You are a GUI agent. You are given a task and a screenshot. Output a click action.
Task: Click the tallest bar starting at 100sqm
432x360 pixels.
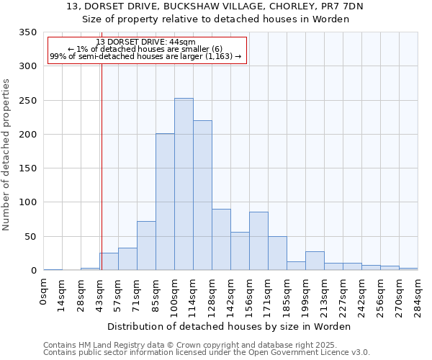coord(184,184)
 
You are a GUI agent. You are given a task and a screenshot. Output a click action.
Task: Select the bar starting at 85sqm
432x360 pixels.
coord(165,202)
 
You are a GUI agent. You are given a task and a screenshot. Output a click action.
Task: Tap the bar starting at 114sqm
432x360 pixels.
coord(202,195)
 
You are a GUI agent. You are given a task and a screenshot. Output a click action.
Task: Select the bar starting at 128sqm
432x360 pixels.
coord(221,240)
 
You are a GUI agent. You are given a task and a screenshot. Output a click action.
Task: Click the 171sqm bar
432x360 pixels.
coord(277,253)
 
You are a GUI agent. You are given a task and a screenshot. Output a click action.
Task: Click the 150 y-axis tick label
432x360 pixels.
coord(27,168)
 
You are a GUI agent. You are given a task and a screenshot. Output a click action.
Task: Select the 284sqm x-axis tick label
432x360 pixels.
coord(418,295)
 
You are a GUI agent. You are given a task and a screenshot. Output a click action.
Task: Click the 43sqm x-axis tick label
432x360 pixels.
coord(100,293)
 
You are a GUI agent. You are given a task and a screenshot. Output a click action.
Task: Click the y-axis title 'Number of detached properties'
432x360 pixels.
coord(6,155)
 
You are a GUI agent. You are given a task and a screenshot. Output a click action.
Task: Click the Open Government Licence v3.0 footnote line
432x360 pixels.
coord(206,353)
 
